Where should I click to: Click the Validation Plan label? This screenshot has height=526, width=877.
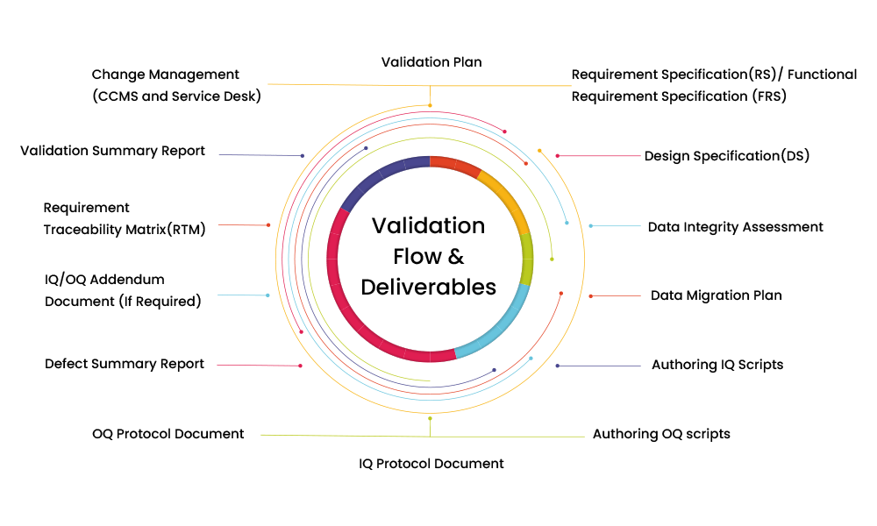pyautogui.click(x=431, y=62)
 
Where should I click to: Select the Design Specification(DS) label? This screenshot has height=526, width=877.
pyautogui.click(x=726, y=156)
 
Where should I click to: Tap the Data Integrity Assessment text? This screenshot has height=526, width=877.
pyautogui.click(x=735, y=227)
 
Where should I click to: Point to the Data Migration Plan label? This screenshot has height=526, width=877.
pyautogui.click(x=716, y=295)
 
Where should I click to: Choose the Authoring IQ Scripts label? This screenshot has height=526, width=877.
pyautogui.click(x=717, y=365)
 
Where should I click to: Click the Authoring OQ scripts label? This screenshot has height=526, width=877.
pyautogui.click(x=661, y=434)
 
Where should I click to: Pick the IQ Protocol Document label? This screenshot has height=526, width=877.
pyautogui.click(x=431, y=463)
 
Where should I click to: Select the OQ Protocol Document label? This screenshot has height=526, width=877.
pyautogui.click(x=168, y=434)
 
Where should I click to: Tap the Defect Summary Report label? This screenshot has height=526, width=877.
pyautogui.click(x=125, y=364)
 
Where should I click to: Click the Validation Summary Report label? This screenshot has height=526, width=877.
pyautogui.click(x=113, y=151)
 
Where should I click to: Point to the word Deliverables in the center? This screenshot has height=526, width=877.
pyautogui.click(x=428, y=287)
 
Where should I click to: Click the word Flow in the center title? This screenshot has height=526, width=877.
pyautogui.click(x=417, y=257)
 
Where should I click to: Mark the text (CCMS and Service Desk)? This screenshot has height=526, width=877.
pyautogui.click(x=176, y=96)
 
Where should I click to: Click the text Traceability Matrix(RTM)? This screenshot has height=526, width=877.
pyautogui.click(x=125, y=231)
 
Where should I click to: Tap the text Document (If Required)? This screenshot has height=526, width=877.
pyautogui.click(x=123, y=302)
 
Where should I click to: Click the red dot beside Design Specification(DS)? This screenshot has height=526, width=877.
pyautogui.click(x=557, y=156)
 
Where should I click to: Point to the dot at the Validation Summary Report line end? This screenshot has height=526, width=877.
pyautogui.click(x=303, y=156)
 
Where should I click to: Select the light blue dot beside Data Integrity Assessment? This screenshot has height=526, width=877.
pyautogui.click(x=591, y=226)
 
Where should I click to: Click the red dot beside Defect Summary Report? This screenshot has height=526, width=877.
pyautogui.click(x=300, y=366)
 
